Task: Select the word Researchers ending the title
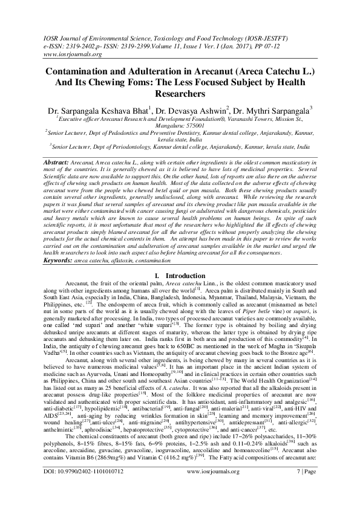180,94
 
